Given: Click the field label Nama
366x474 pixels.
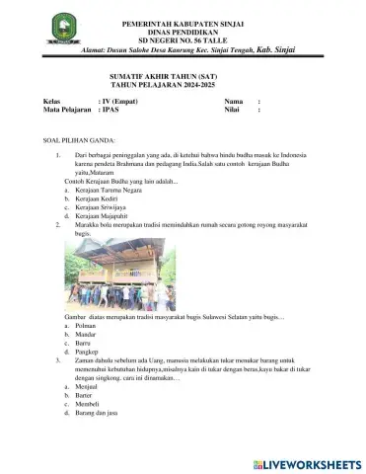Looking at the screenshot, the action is [x=233, y=102].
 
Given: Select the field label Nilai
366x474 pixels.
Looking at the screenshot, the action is [x=232, y=111].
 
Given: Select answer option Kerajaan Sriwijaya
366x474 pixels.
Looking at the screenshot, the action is [x=106, y=208].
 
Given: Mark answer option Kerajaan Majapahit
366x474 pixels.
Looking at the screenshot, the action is [x=107, y=216].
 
